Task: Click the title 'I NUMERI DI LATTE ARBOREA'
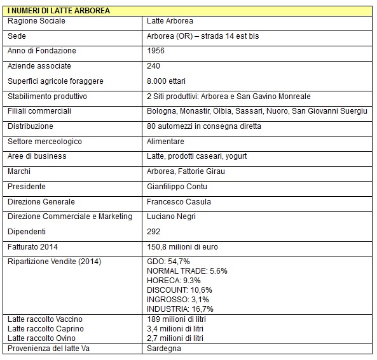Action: (x=58, y=11)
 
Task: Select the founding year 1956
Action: (x=156, y=51)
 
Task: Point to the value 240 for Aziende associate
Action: (x=153, y=66)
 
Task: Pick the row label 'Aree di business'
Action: (x=37, y=156)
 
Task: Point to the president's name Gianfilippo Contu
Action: (x=177, y=187)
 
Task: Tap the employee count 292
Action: (x=153, y=232)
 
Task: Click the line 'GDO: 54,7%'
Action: (x=168, y=262)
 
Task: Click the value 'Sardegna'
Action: (x=163, y=349)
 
